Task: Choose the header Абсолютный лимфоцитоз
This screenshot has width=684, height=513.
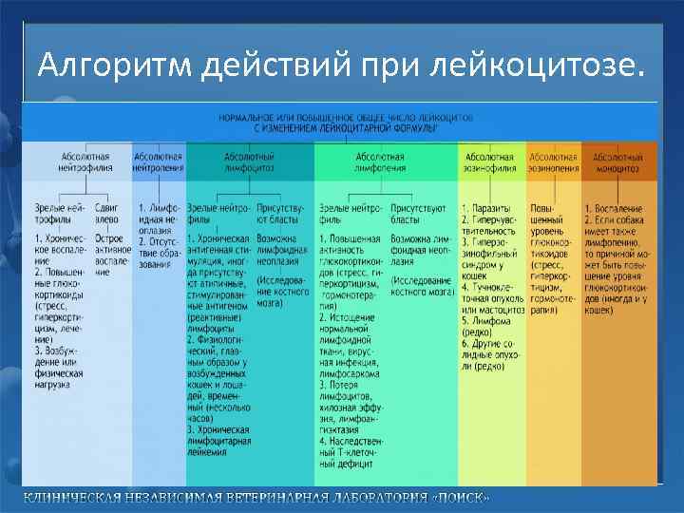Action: point(249,162)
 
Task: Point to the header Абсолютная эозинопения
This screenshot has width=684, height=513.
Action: point(553,162)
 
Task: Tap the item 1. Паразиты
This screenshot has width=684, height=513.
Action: point(486,207)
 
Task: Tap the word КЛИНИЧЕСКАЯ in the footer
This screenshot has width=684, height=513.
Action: point(70,499)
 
